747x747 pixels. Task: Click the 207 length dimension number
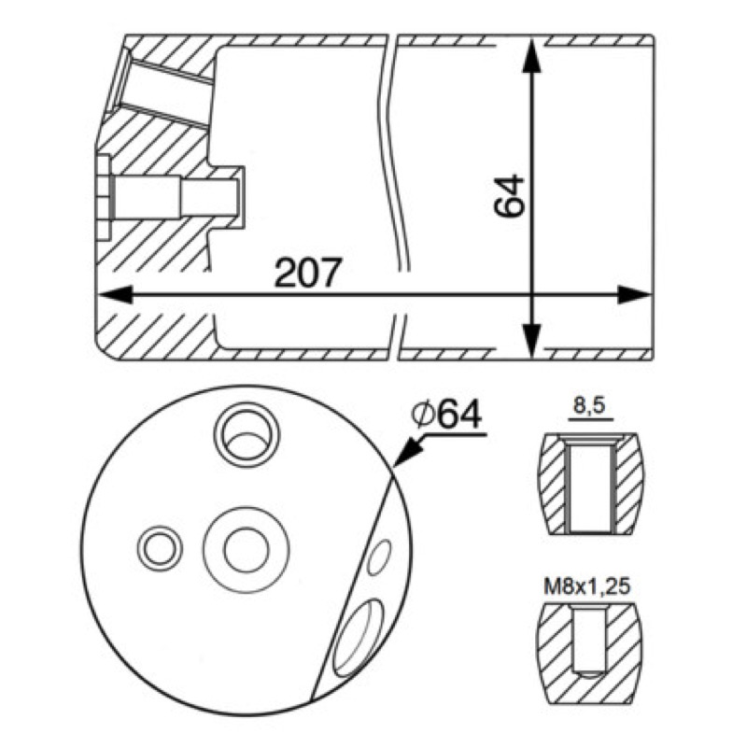coord(308,272)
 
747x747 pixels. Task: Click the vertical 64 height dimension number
coord(509,196)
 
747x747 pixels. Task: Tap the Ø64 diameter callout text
coord(446,414)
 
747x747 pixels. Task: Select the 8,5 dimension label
coord(589,405)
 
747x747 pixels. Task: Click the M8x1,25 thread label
coord(587,586)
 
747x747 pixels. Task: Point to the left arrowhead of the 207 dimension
coord(114,295)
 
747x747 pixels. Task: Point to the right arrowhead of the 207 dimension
coord(634,295)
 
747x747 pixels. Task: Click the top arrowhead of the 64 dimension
coord(531,56)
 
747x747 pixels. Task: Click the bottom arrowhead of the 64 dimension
coord(531,340)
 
